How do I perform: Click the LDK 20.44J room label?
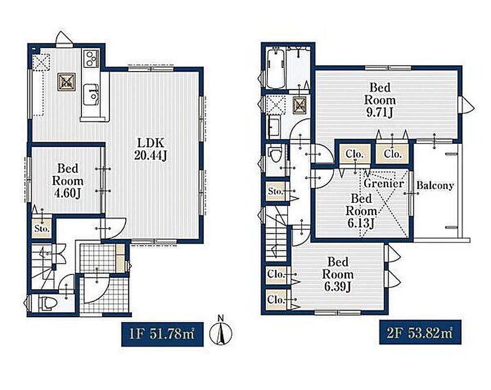[150, 149]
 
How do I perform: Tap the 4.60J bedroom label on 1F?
[68, 181]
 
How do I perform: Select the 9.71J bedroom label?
[380, 100]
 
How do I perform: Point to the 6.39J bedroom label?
[338, 274]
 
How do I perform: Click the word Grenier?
[384, 183]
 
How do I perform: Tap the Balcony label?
[435, 185]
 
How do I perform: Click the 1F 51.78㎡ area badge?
[162, 334]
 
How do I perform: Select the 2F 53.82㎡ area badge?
[420, 332]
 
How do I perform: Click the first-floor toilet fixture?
[47, 303]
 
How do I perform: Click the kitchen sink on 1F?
[91, 95]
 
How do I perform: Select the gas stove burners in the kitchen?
[91, 58]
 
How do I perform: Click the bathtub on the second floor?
[276, 68]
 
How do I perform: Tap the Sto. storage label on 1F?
[42, 229]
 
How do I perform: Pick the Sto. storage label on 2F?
[276, 192]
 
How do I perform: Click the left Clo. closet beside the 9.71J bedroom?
[355, 154]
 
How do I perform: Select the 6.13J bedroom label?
[361, 211]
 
